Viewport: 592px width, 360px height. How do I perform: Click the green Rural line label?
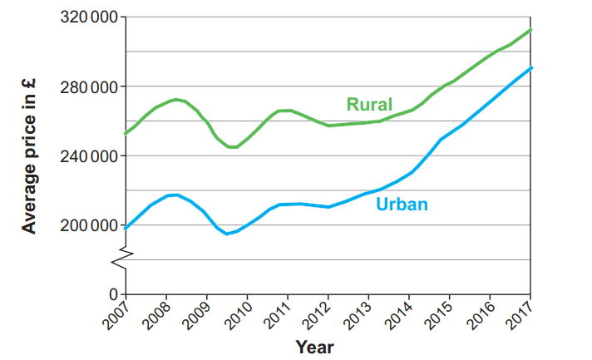[370, 104]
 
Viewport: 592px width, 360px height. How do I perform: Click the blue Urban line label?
[402, 204]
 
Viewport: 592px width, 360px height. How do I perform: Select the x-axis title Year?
[315, 347]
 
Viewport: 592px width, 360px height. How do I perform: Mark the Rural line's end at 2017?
[530, 30]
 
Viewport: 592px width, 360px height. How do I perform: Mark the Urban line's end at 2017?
[530, 67]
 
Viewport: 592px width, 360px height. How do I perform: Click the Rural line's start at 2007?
[126, 132]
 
